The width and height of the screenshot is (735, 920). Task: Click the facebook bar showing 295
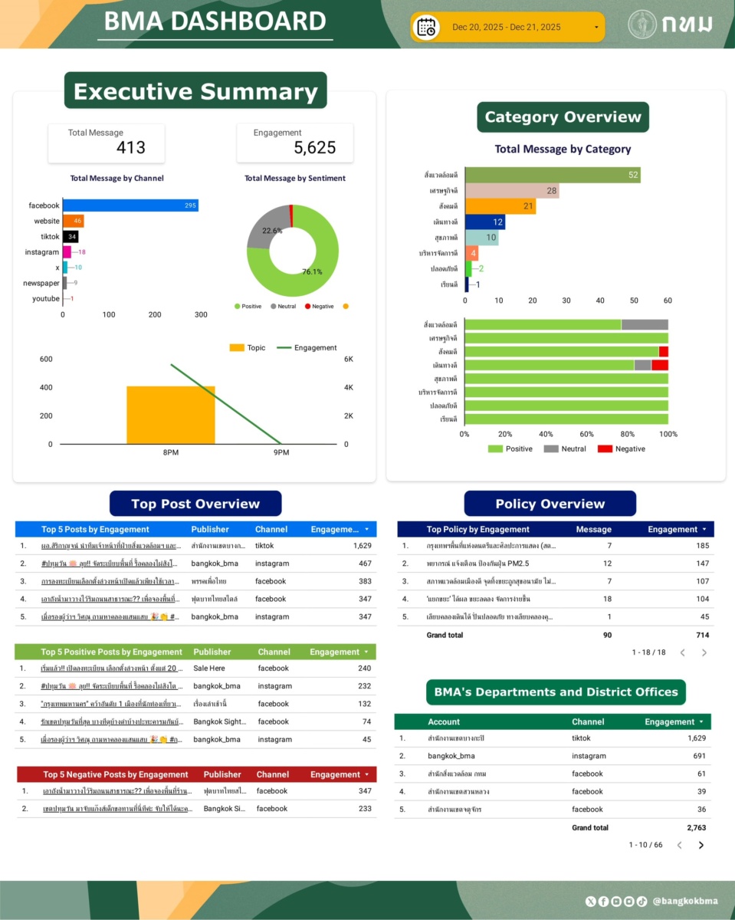tap(130, 205)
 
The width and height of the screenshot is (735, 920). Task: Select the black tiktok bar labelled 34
tap(71, 237)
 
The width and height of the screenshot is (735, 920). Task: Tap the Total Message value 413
tap(130, 148)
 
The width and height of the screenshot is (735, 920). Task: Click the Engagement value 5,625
tap(315, 148)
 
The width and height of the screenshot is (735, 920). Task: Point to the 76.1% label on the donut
tap(312, 271)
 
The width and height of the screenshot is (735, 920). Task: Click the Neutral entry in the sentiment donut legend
tap(286, 307)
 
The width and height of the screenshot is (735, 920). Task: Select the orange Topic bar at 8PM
tap(171, 415)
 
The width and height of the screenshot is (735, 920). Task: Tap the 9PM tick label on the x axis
tap(281, 453)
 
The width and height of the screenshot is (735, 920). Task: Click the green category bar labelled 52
tap(553, 175)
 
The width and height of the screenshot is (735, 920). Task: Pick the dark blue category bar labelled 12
tap(485, 222)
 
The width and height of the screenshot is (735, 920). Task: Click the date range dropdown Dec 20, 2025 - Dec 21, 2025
tap(507, 28)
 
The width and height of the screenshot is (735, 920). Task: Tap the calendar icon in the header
tap(426, 28)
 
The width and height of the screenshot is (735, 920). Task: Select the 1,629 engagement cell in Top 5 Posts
tap(362, 546)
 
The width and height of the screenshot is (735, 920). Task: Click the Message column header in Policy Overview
tap(593, 529)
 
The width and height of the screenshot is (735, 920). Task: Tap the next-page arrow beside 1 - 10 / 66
tap(701, 845)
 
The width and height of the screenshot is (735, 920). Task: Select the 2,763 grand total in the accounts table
tap(696, 828)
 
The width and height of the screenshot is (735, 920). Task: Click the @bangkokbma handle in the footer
tap(684, 902)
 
